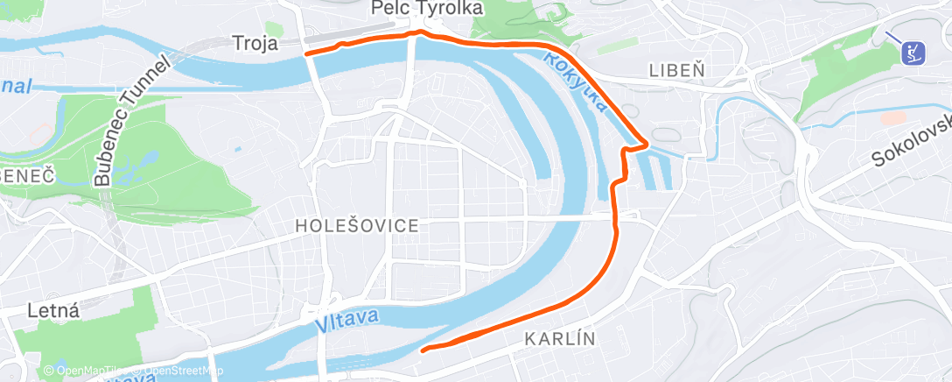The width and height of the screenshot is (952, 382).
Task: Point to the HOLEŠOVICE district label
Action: point(356,225)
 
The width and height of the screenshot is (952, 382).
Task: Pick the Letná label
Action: point(53,309)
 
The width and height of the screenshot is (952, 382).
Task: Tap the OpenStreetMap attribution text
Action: point(179,371)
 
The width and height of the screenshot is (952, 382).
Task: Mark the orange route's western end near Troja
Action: point(306,53)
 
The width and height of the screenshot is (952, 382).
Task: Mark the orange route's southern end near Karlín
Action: point(423,350)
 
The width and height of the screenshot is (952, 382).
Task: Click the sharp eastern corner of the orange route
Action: point(647,142)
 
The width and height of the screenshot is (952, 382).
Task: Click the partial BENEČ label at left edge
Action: point(28,175)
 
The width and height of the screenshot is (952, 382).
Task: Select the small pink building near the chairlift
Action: point(892,117)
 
